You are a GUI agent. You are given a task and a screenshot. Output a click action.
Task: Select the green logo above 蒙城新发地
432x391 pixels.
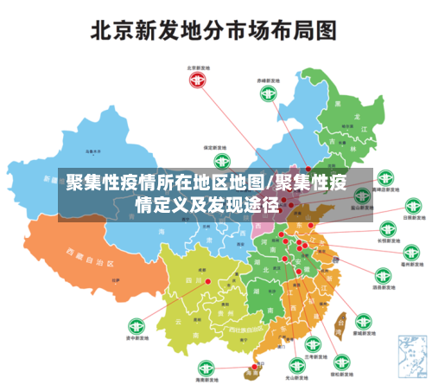364,322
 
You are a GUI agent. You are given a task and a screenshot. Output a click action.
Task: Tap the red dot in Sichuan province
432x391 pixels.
207,280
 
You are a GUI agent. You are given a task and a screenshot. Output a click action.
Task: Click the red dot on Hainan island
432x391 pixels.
254,367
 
